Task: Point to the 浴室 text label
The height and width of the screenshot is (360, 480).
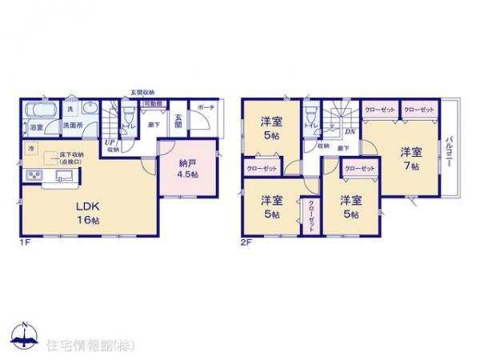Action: [x=36, y=127]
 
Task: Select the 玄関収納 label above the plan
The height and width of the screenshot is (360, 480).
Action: [x=143, y=92]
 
